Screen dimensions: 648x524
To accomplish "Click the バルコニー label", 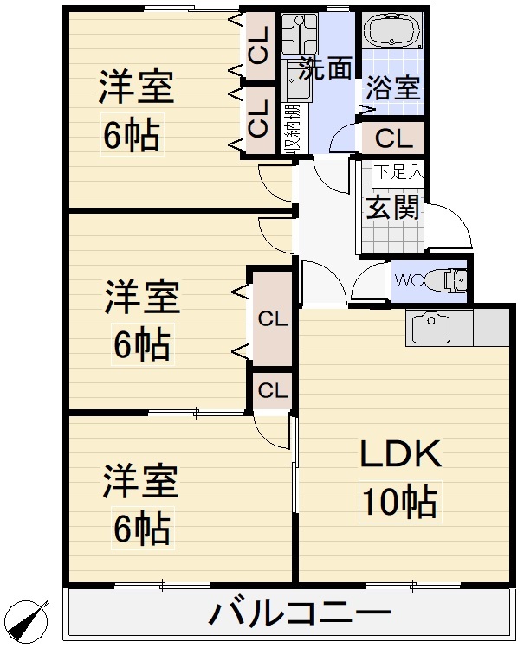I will click(x=298, y=615).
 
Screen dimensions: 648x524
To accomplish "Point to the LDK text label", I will click(x=401, y=452).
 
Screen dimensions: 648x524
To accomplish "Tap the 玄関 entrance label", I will click(x=392, y=208).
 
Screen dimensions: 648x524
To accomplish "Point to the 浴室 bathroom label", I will click(x=392, y=88).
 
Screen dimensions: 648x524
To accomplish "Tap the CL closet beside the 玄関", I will click(x=393, y=138).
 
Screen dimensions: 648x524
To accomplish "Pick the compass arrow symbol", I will click(x=30, y=621).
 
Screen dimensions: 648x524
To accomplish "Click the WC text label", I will click(x=409, y=280).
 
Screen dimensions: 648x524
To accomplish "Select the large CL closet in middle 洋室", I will click(x=272, y=318).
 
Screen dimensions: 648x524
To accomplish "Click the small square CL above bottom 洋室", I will click(x=272, y=390).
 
